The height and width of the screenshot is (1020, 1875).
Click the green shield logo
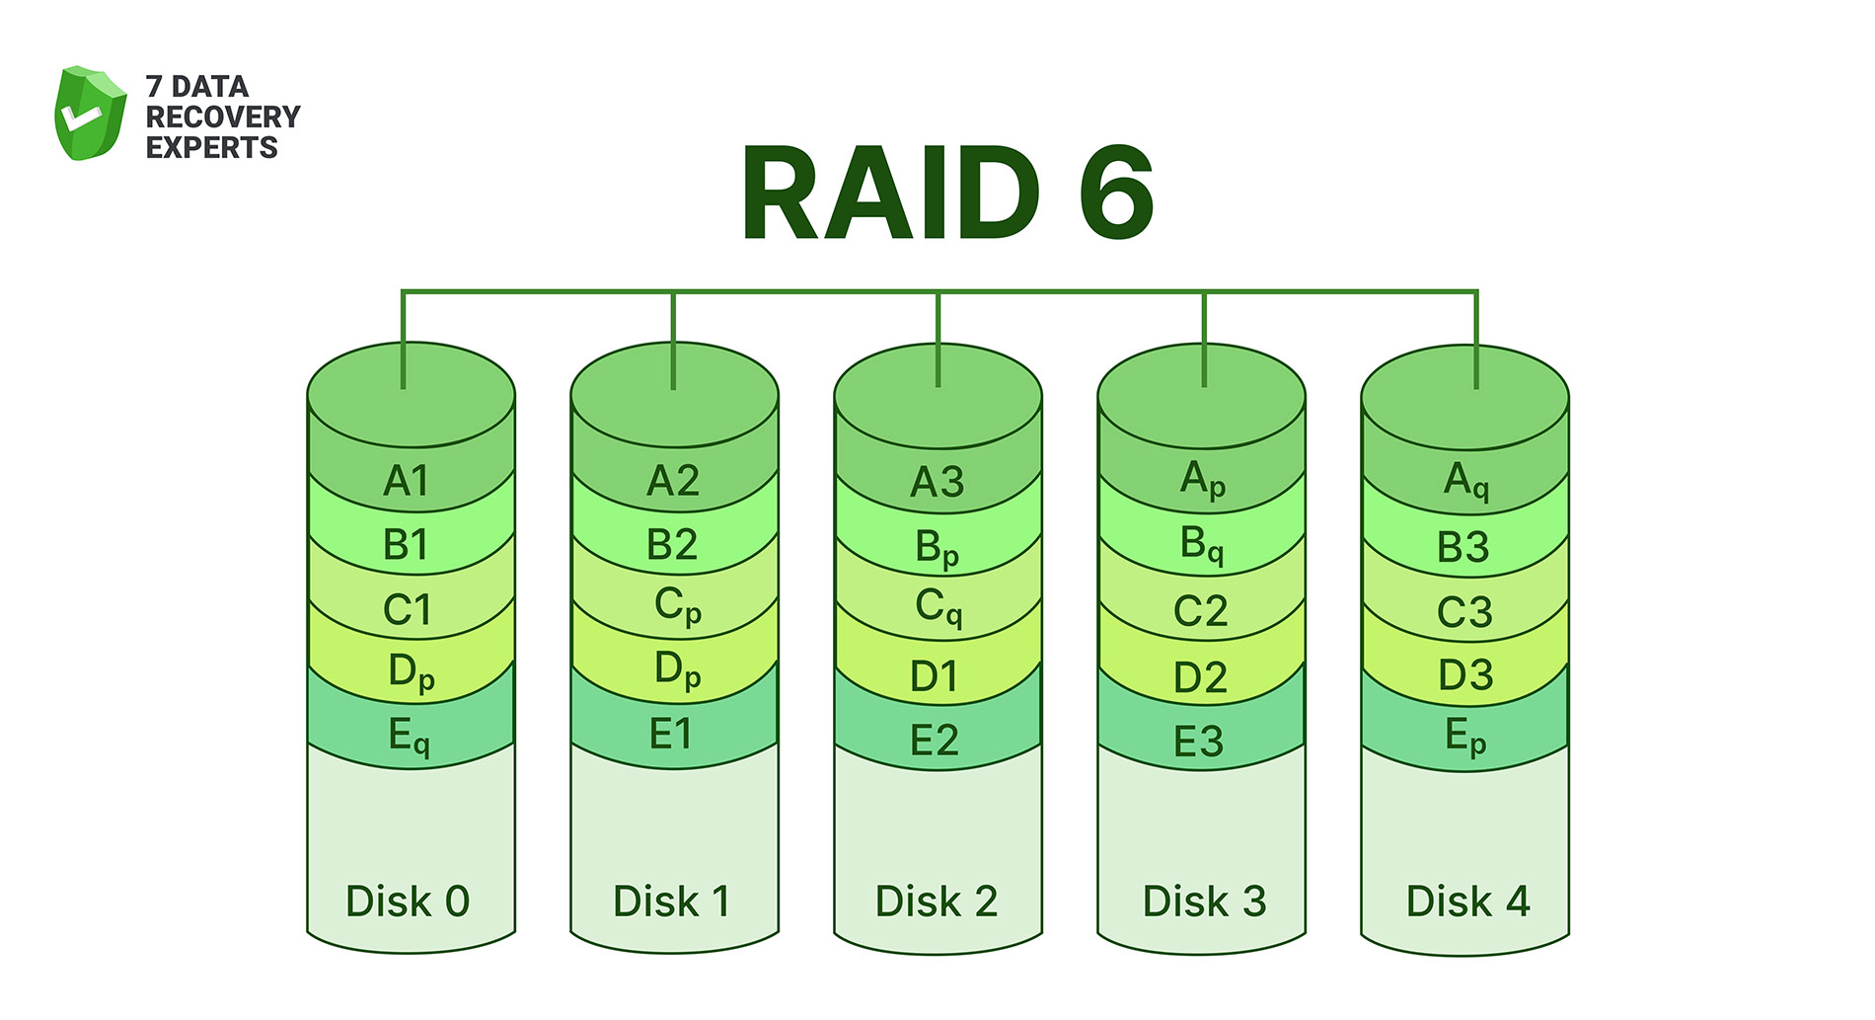tap(90, 114)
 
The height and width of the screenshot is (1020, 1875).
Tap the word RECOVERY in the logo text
tap(222, 117)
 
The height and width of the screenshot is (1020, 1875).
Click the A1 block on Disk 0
tap(407, 482)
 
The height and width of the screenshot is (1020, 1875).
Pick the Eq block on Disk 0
tap(409, 737)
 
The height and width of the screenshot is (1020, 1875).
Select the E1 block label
tap(671, 735)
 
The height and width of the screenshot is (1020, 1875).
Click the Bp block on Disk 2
tap(937, 548)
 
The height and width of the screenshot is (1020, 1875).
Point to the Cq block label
tap(937, 607)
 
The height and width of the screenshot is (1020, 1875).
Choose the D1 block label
tap(934, 677)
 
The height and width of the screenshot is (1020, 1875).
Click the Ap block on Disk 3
tap(1202, 480)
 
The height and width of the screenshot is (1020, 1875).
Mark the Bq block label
tap(1201, 545)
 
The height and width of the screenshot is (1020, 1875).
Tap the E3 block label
tap(1198, 743)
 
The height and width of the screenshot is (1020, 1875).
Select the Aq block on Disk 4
tap(1465, 481)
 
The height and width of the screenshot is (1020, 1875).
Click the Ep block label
tap(1464, 737)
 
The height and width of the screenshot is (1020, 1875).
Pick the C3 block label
tap(1464, 613)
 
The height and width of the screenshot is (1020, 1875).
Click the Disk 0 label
tap(408, 902)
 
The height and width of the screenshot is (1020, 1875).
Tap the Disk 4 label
tap(1467, 902)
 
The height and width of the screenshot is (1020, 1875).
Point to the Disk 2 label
tap(937, 902)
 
